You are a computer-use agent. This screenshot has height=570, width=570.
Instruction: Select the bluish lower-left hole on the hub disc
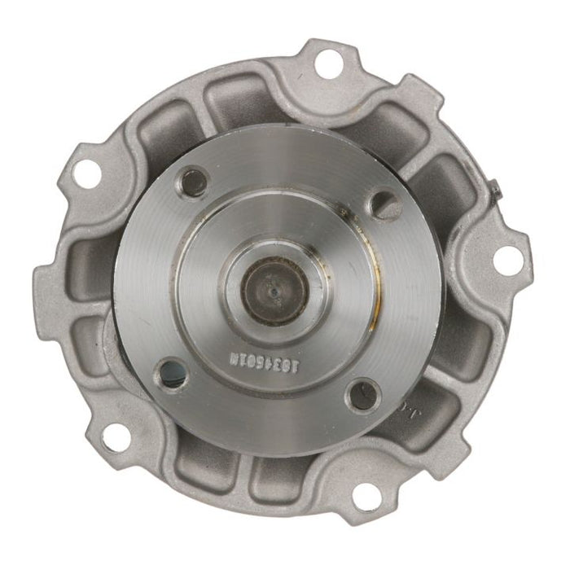(x=170, y=375)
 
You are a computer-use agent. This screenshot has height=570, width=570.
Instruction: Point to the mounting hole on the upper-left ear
(x=84, y=172)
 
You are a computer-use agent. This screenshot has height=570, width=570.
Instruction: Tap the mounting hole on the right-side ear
(x=506, y=260)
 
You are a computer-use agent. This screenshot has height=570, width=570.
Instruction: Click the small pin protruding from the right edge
(x=497, y=191)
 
